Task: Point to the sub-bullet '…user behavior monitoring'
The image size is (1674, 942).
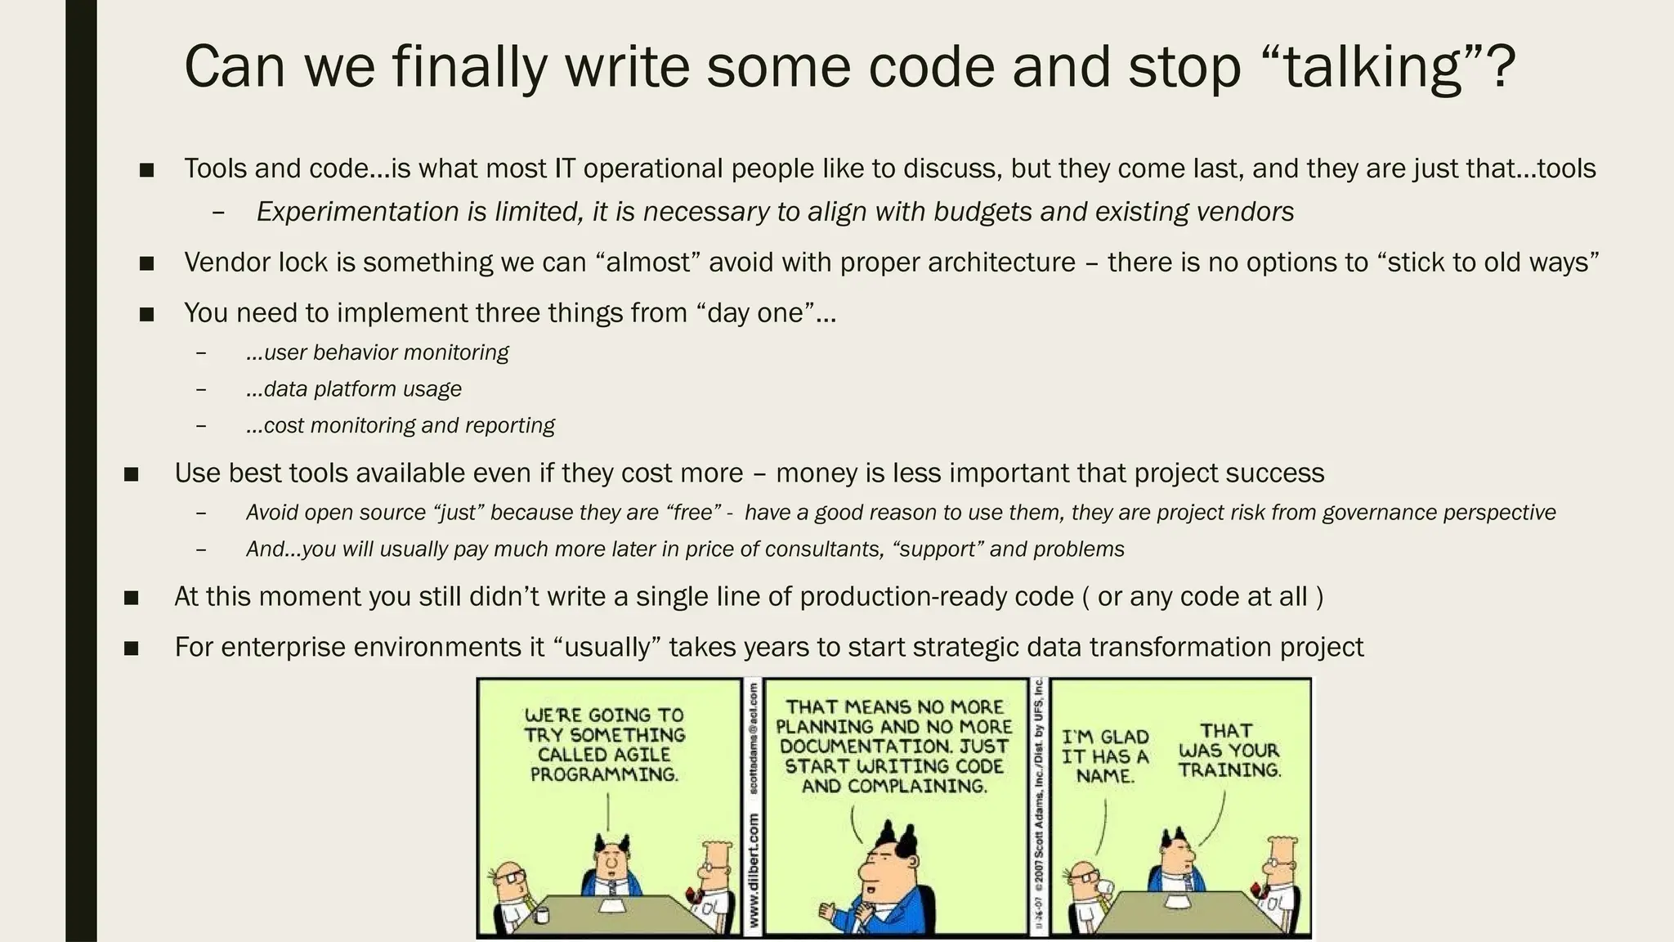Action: click(377, 352)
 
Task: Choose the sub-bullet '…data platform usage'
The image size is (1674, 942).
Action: click(354, 389)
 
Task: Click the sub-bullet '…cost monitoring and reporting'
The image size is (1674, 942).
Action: click(400, 425)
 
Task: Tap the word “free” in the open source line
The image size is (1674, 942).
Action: click(693, 513)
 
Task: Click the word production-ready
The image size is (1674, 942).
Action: click(937, 597)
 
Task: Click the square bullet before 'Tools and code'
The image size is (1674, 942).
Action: click(147, 170)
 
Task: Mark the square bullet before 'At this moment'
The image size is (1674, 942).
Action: click(132, 599)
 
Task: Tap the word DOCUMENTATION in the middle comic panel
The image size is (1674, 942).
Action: click(864, 747)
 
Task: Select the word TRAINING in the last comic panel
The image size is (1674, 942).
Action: click(1229, 770)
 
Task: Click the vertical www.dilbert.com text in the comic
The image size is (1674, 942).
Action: click(753, 872)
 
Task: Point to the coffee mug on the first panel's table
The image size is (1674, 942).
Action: click(541, 915)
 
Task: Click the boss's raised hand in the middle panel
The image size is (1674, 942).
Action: click(827, 910)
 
